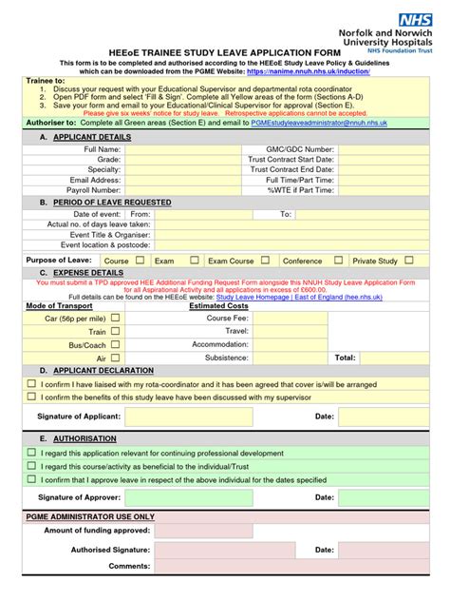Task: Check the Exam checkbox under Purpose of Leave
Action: coord(194,260)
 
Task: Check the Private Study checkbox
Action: coord(408,260)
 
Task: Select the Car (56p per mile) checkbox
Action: coord(115,319)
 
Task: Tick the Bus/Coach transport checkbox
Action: coord(115,344)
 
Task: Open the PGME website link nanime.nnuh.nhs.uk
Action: coord(308,71)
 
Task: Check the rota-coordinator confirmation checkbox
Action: coord(30,384)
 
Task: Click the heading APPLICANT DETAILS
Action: coord(93,137)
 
